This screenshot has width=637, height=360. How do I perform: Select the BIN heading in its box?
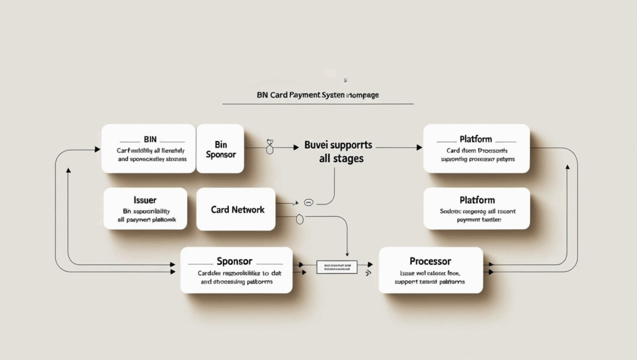150,139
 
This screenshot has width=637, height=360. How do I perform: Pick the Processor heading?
430,261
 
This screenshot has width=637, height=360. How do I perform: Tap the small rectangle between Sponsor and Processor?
337,268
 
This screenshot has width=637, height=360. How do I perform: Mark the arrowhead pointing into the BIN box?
97,149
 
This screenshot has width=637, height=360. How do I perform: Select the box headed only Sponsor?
236,270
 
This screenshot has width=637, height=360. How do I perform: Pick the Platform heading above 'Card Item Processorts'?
476,139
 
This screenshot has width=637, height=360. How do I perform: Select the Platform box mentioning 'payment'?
476,209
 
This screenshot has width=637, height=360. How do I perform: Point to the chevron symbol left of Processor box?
369,272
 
